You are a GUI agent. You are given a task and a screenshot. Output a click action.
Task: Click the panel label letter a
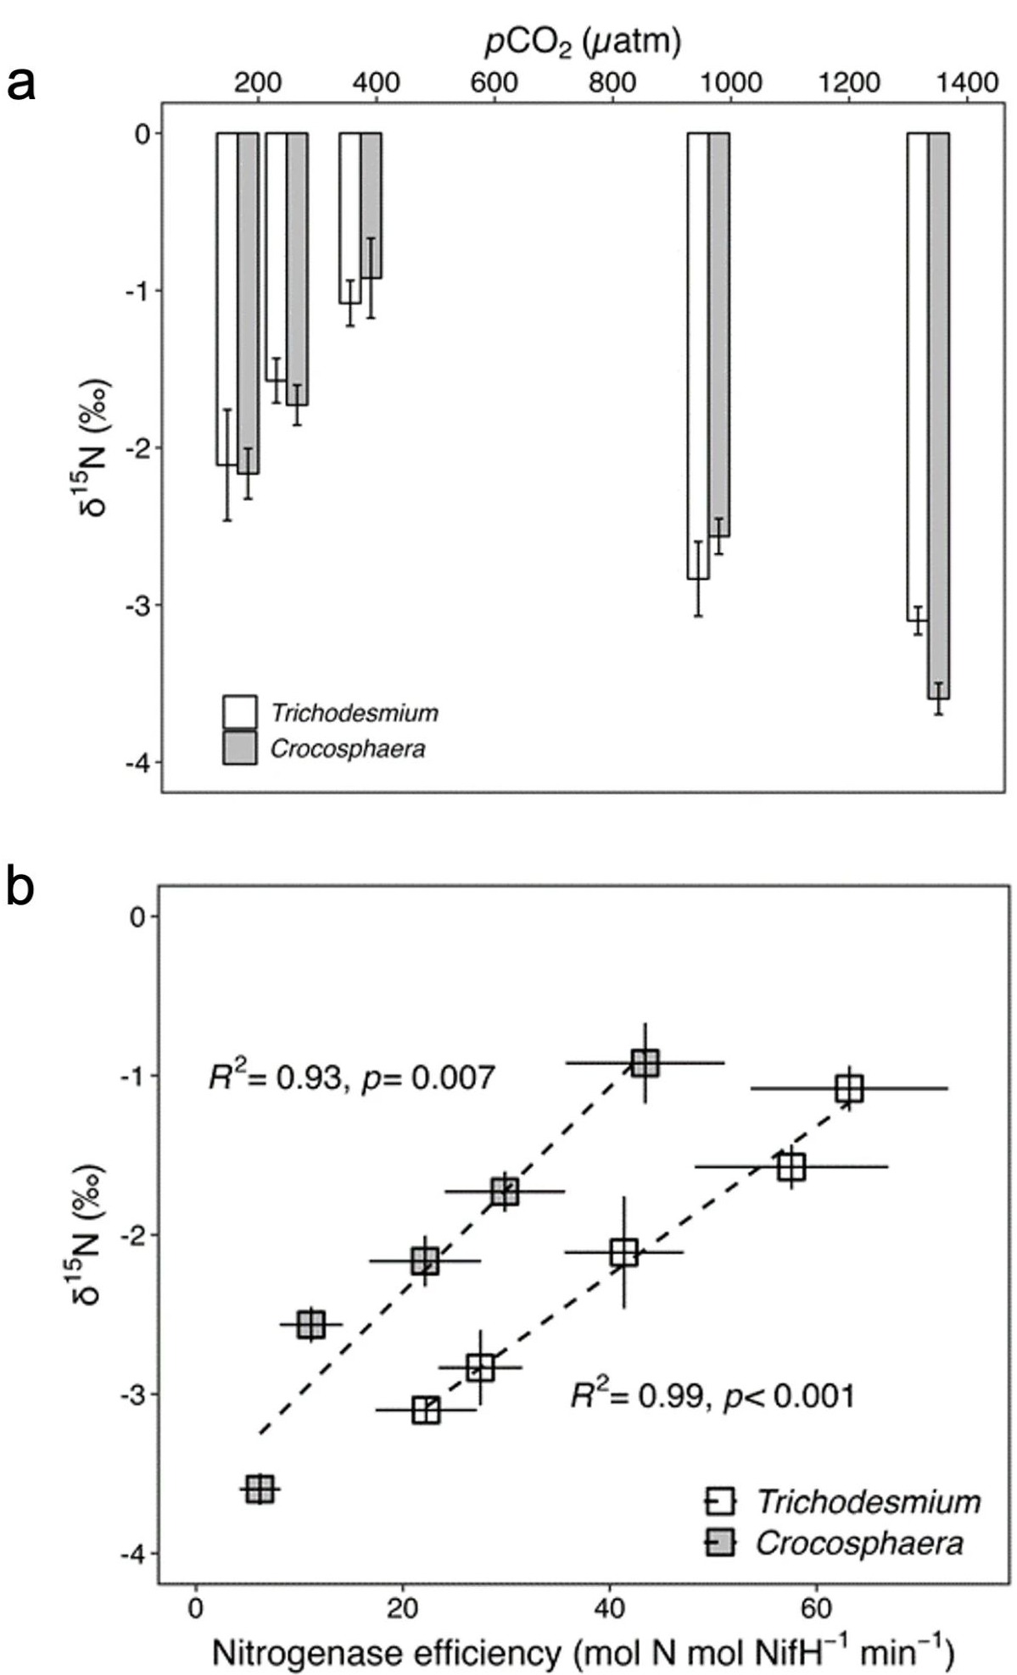21,85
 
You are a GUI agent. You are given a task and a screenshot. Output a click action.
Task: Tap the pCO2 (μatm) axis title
584,42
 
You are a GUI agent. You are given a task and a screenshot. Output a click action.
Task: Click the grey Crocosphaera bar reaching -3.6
938,415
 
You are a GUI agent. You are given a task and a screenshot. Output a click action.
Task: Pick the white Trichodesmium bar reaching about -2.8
698,356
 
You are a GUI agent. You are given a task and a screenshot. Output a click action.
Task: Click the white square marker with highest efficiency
849,1088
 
